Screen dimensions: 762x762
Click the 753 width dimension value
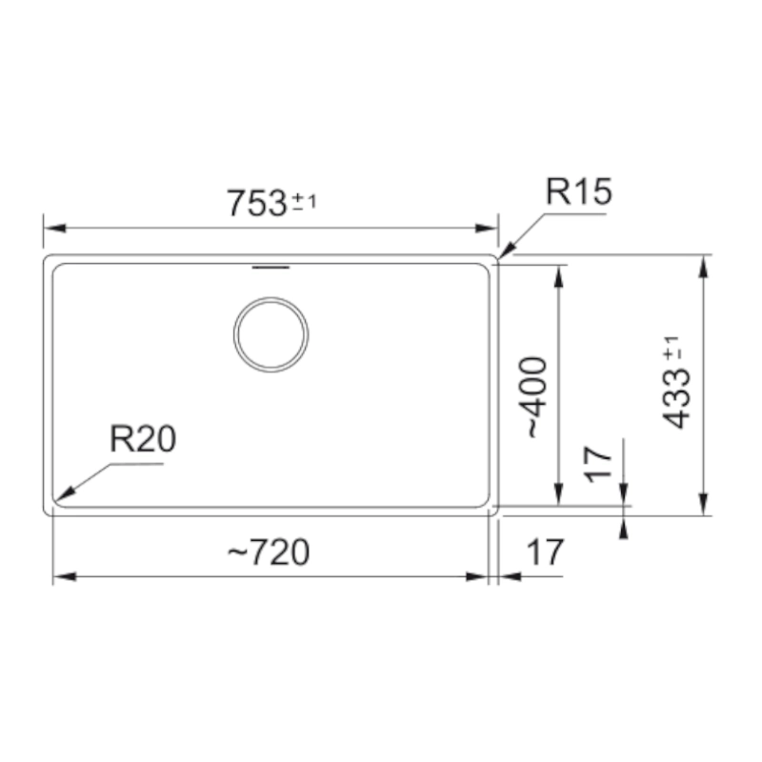coord(257,203)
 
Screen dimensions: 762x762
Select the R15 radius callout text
coord(579,191)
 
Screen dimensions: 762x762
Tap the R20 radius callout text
coord(143,439)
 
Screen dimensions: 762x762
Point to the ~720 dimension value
coord(269,552)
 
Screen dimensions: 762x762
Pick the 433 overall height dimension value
coord(676,398)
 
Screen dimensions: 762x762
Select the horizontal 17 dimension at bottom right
coord(545,552)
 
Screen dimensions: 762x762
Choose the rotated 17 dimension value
coord(597,465)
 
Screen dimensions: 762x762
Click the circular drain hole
coord(271,335)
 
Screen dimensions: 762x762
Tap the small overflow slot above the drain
coord(271,268)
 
